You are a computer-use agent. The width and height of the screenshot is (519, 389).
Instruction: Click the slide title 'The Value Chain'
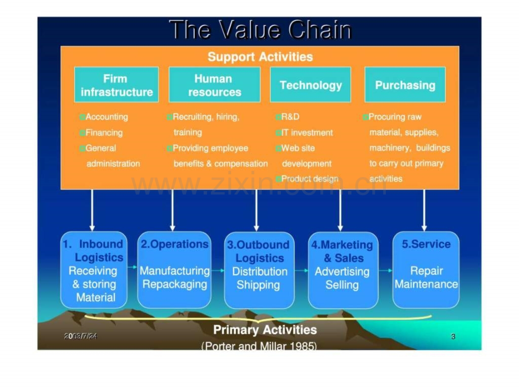[260, 30]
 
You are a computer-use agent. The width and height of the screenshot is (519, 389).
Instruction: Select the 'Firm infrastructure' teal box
[117, 85]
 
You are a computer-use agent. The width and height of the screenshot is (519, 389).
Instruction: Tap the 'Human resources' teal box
[214, 85]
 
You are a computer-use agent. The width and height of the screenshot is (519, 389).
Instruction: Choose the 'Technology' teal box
[310, 85]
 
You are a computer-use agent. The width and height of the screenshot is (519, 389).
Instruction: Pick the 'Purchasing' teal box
[405, 85]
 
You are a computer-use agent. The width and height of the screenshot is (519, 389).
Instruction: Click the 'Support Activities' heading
[260, 57]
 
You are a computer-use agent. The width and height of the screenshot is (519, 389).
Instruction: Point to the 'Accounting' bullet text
[107, 117]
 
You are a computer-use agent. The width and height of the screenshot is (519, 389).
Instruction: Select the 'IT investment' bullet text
[307, 132]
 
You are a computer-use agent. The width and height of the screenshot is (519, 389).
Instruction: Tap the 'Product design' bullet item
[310, 179]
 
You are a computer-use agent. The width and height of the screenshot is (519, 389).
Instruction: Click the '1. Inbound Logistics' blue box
[94, 270]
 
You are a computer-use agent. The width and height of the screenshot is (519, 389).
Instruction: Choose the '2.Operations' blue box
[174, 270]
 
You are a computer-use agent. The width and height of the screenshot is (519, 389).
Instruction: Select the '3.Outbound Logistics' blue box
[259, 270]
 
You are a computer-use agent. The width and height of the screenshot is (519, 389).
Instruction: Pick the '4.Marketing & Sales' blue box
[343, 270]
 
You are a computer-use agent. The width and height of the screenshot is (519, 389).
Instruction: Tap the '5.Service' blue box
[426, 270]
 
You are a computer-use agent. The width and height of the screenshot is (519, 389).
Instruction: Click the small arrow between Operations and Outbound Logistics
[218, 271]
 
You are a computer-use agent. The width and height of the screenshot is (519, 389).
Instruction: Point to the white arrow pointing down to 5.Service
[424, 210]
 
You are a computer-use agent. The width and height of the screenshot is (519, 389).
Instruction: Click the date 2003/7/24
[81, 337]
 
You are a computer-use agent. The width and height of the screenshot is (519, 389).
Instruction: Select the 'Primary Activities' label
[265, 330]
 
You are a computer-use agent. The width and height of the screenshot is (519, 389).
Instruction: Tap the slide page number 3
[453, 337]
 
